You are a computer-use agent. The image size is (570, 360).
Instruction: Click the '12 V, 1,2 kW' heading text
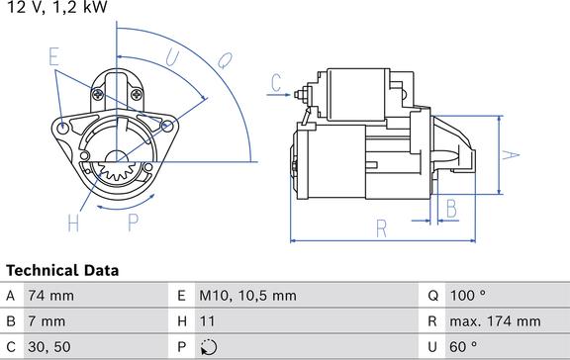[x=57, y=7]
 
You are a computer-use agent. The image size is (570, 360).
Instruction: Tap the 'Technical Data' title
[x=62, y=271]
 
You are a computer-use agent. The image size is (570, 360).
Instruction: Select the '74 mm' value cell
[x=50, y=296]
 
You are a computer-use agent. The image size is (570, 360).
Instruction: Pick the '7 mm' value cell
[x=47, y=321]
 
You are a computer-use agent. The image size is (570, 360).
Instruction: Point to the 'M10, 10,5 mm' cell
[x=247, y=296]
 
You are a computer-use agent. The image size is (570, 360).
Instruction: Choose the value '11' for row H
[x=207, y=321]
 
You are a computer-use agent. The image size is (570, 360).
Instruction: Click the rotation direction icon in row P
[x=209, y=347]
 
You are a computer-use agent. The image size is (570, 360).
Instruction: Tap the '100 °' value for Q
[x=468, y=296]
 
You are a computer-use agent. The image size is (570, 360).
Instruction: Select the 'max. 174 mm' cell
[x=495, y=321]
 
